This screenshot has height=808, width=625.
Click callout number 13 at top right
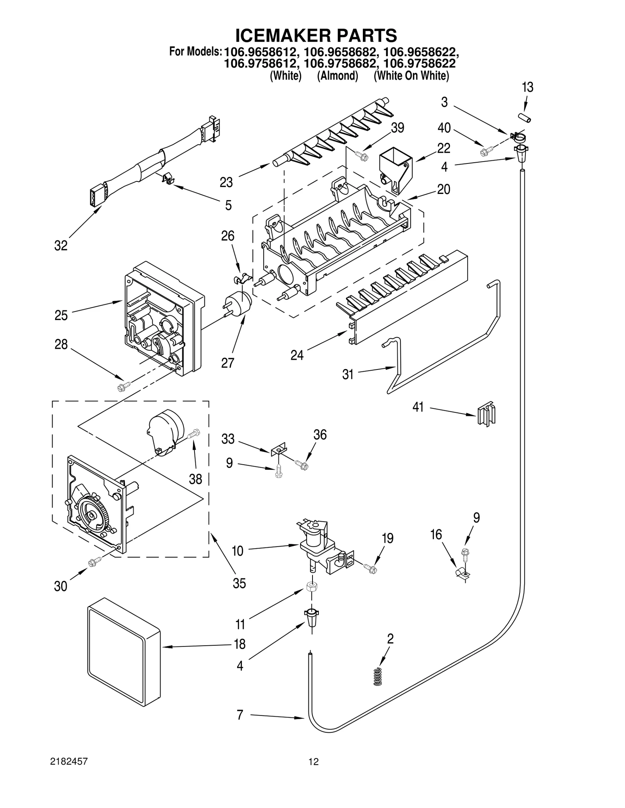pos(527,87)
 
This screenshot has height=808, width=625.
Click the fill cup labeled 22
pos(396,170)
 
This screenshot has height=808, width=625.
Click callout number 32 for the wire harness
pos(61,246)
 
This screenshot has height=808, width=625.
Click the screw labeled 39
pos(362,156)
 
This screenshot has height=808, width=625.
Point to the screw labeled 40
pos(487,150)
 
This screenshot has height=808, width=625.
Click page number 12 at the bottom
pos(313,761)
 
